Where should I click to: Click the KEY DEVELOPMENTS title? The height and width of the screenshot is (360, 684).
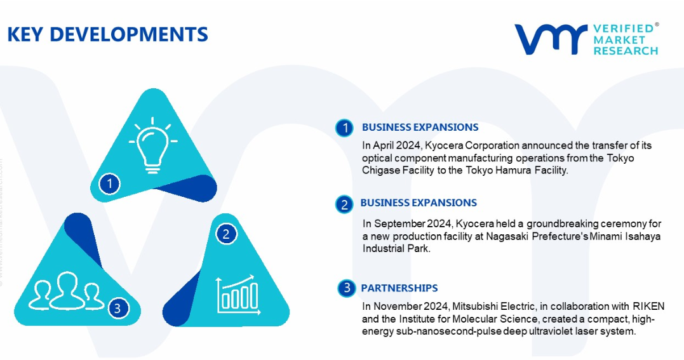coord(108,34)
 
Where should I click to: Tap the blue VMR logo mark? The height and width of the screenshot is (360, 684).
coord(551,39)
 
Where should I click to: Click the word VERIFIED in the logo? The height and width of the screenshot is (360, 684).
coord(624,29)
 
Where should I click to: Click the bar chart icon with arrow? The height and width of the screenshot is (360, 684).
coord(238,295)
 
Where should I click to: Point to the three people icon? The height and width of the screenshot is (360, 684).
coord(66,291)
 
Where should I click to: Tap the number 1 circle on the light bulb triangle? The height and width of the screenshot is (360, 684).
coord(109,183)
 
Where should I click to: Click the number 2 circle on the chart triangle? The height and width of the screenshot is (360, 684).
coord(226,234)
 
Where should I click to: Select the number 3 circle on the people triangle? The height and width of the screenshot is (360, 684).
coord(117,309)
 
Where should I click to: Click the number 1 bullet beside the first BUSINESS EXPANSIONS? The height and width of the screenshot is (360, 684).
coord(345,128)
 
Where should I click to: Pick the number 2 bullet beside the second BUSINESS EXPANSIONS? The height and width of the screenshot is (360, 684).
coord(344,204)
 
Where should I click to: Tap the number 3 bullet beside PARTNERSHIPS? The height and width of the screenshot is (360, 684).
coord(347,288)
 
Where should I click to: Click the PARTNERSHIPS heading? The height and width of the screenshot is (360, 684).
coord(399,288)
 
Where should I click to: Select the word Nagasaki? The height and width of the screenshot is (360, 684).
coord(505,237)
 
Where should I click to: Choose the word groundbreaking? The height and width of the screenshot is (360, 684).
coord(562,224)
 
